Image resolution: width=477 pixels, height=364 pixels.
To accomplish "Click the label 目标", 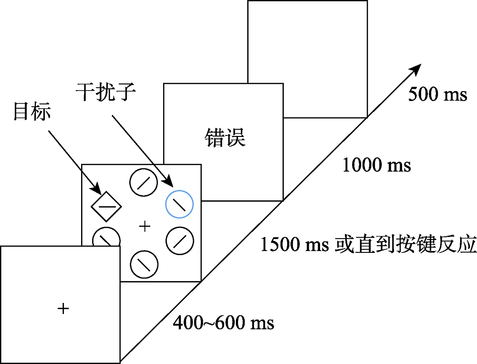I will (31, 113).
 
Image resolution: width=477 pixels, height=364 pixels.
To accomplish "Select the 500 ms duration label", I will (437, 94).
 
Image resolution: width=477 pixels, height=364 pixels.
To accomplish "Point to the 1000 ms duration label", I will (377, 165).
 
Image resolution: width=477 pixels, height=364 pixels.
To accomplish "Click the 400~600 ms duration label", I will (223, 323).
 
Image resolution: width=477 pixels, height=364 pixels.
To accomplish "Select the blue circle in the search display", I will (179, 204).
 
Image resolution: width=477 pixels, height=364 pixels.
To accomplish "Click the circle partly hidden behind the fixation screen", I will (106, 237).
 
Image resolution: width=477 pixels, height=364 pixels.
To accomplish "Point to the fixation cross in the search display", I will (144, 226).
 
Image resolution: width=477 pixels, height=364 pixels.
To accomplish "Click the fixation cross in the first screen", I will (63, 309).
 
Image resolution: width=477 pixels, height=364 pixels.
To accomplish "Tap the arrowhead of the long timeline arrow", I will (416, 68).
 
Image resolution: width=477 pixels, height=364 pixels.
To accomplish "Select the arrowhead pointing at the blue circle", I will (168, 183).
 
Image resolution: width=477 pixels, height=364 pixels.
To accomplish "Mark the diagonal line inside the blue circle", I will (179, 204).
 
